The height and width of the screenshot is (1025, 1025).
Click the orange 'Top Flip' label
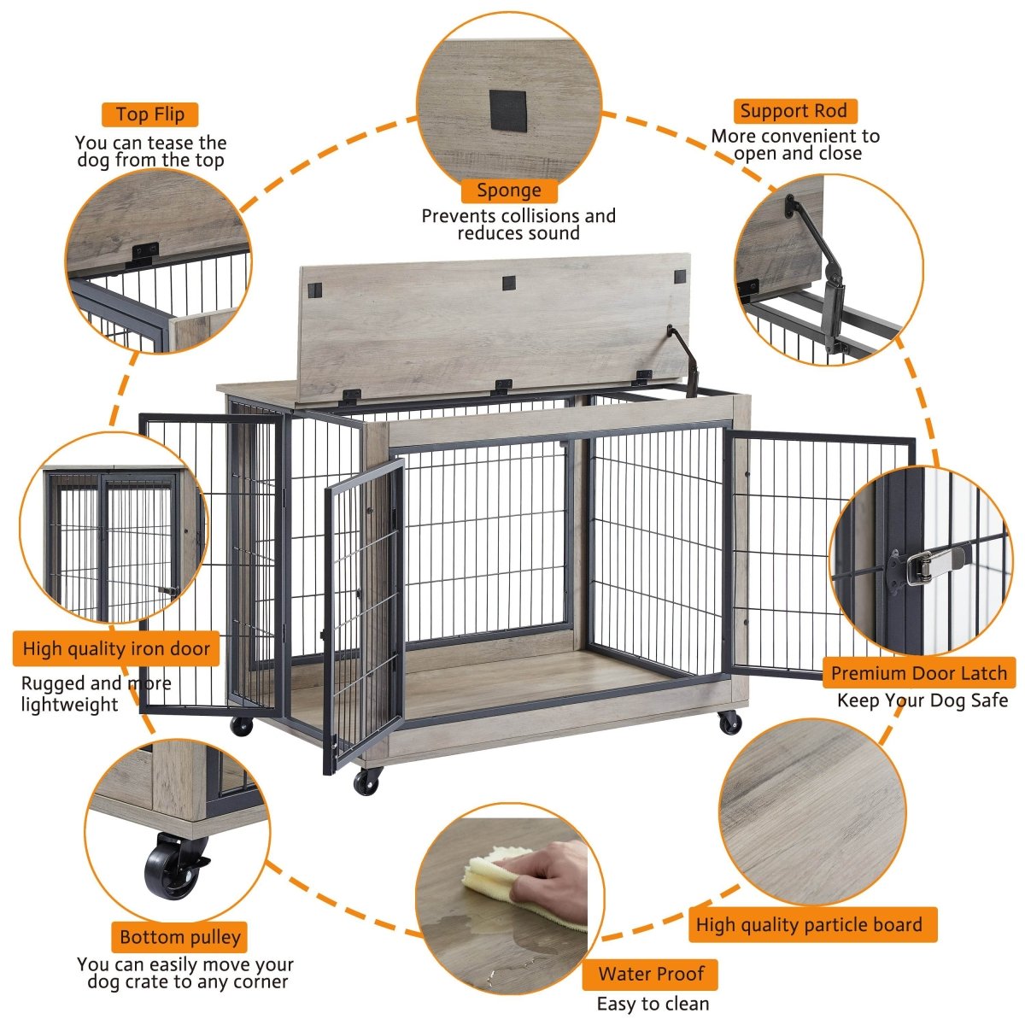tap(150, 114)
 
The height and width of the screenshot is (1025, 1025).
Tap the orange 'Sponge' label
tap(509, 190)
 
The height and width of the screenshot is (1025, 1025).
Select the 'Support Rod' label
tap(794, 111)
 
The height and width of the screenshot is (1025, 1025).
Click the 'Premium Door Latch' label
tap(919, 673)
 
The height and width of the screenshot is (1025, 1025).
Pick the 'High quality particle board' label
tap(809, 925)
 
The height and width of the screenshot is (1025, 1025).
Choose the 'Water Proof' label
tap(651, 974)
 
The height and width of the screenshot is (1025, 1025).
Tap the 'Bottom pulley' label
tap(180, 937)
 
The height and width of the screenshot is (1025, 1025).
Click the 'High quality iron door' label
tap(116, 649)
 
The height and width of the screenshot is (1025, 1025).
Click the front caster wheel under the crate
tap(368, 780)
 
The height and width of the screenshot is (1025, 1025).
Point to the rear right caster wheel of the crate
tap(729, 722)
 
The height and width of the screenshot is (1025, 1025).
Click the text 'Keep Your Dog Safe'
tap(922, 700)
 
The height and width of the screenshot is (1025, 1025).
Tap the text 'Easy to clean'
tap(653, 1004)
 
